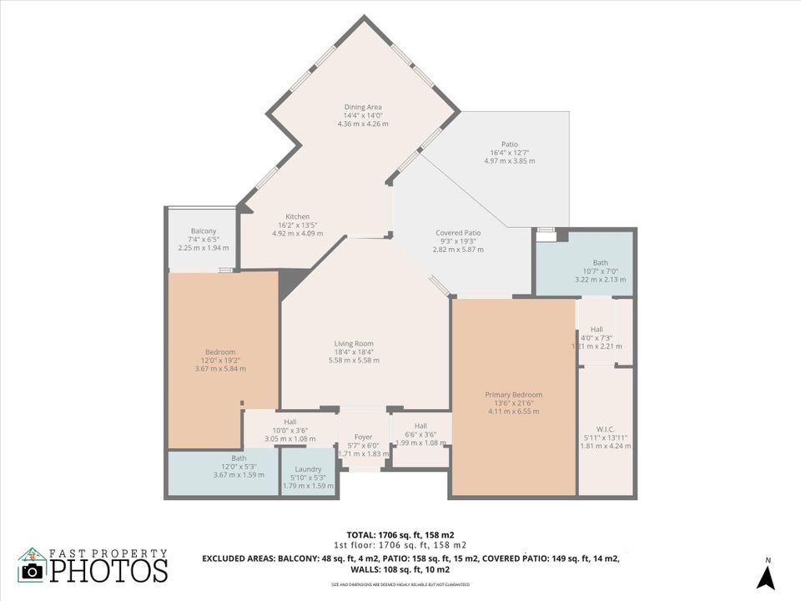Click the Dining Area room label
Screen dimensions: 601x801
tap(363, 107)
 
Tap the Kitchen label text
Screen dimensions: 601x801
tap(298, 217)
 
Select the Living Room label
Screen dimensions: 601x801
tap(354, 343)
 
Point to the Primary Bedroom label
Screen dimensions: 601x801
tap(513, 395)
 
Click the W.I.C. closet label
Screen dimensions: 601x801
tap(605, 429)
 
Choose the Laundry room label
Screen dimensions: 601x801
tap(308, 469)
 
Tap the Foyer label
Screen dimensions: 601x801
tap(363, 437)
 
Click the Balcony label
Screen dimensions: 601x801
tap(204, 231)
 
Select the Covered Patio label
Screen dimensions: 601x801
tap(458, 233)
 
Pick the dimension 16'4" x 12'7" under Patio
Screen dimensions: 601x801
tap(509, 153)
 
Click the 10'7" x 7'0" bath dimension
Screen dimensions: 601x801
tap(600, 270)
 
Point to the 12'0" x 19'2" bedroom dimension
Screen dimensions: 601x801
tap(220, 360)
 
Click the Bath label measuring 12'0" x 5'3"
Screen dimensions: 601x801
tap(239, 457)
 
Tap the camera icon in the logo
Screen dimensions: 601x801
tap(33, 571)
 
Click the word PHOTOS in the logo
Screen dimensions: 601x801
tap(108, 571)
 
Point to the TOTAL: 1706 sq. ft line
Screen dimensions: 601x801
tap(400, 534)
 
